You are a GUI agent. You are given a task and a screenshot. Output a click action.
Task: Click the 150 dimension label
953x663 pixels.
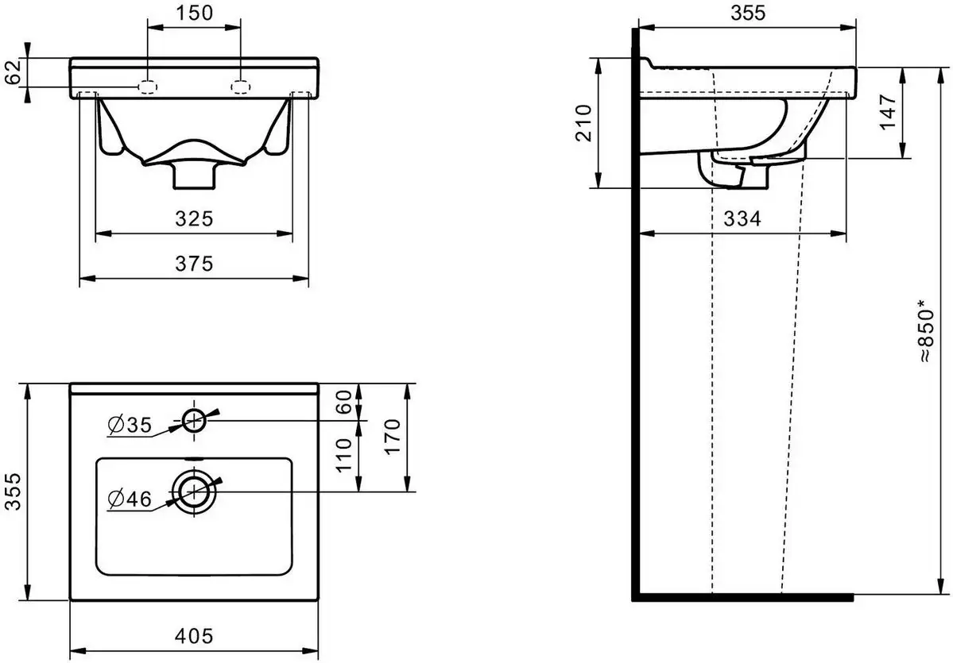coord(195,12)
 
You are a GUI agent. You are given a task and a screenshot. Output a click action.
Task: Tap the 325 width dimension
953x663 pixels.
coord(195,218)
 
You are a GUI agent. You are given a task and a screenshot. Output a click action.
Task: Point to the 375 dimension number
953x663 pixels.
coord(195,264)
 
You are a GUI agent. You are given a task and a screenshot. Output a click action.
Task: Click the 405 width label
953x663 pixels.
coord(195,636)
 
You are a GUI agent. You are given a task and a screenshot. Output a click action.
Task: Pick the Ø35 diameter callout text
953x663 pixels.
coord(130,424)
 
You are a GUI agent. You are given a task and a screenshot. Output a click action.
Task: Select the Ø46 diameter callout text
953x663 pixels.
coord(130,499)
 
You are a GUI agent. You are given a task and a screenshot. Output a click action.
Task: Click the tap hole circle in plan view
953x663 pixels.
coord(194,419)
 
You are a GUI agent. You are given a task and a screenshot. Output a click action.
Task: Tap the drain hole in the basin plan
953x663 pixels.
coord(194,492)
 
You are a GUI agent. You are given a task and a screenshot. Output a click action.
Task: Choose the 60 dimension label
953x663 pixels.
coord(345,402)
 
